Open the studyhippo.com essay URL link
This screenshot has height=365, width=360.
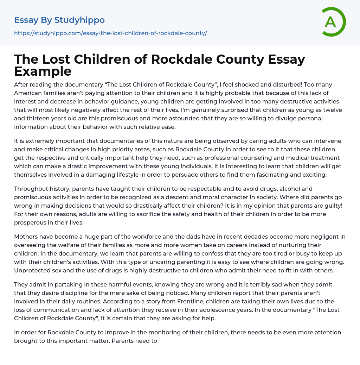[110, 33]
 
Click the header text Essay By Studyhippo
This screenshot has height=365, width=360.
[59, 20]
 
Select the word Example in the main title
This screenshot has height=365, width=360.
[43, 71]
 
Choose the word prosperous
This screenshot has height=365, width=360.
[30, 222]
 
